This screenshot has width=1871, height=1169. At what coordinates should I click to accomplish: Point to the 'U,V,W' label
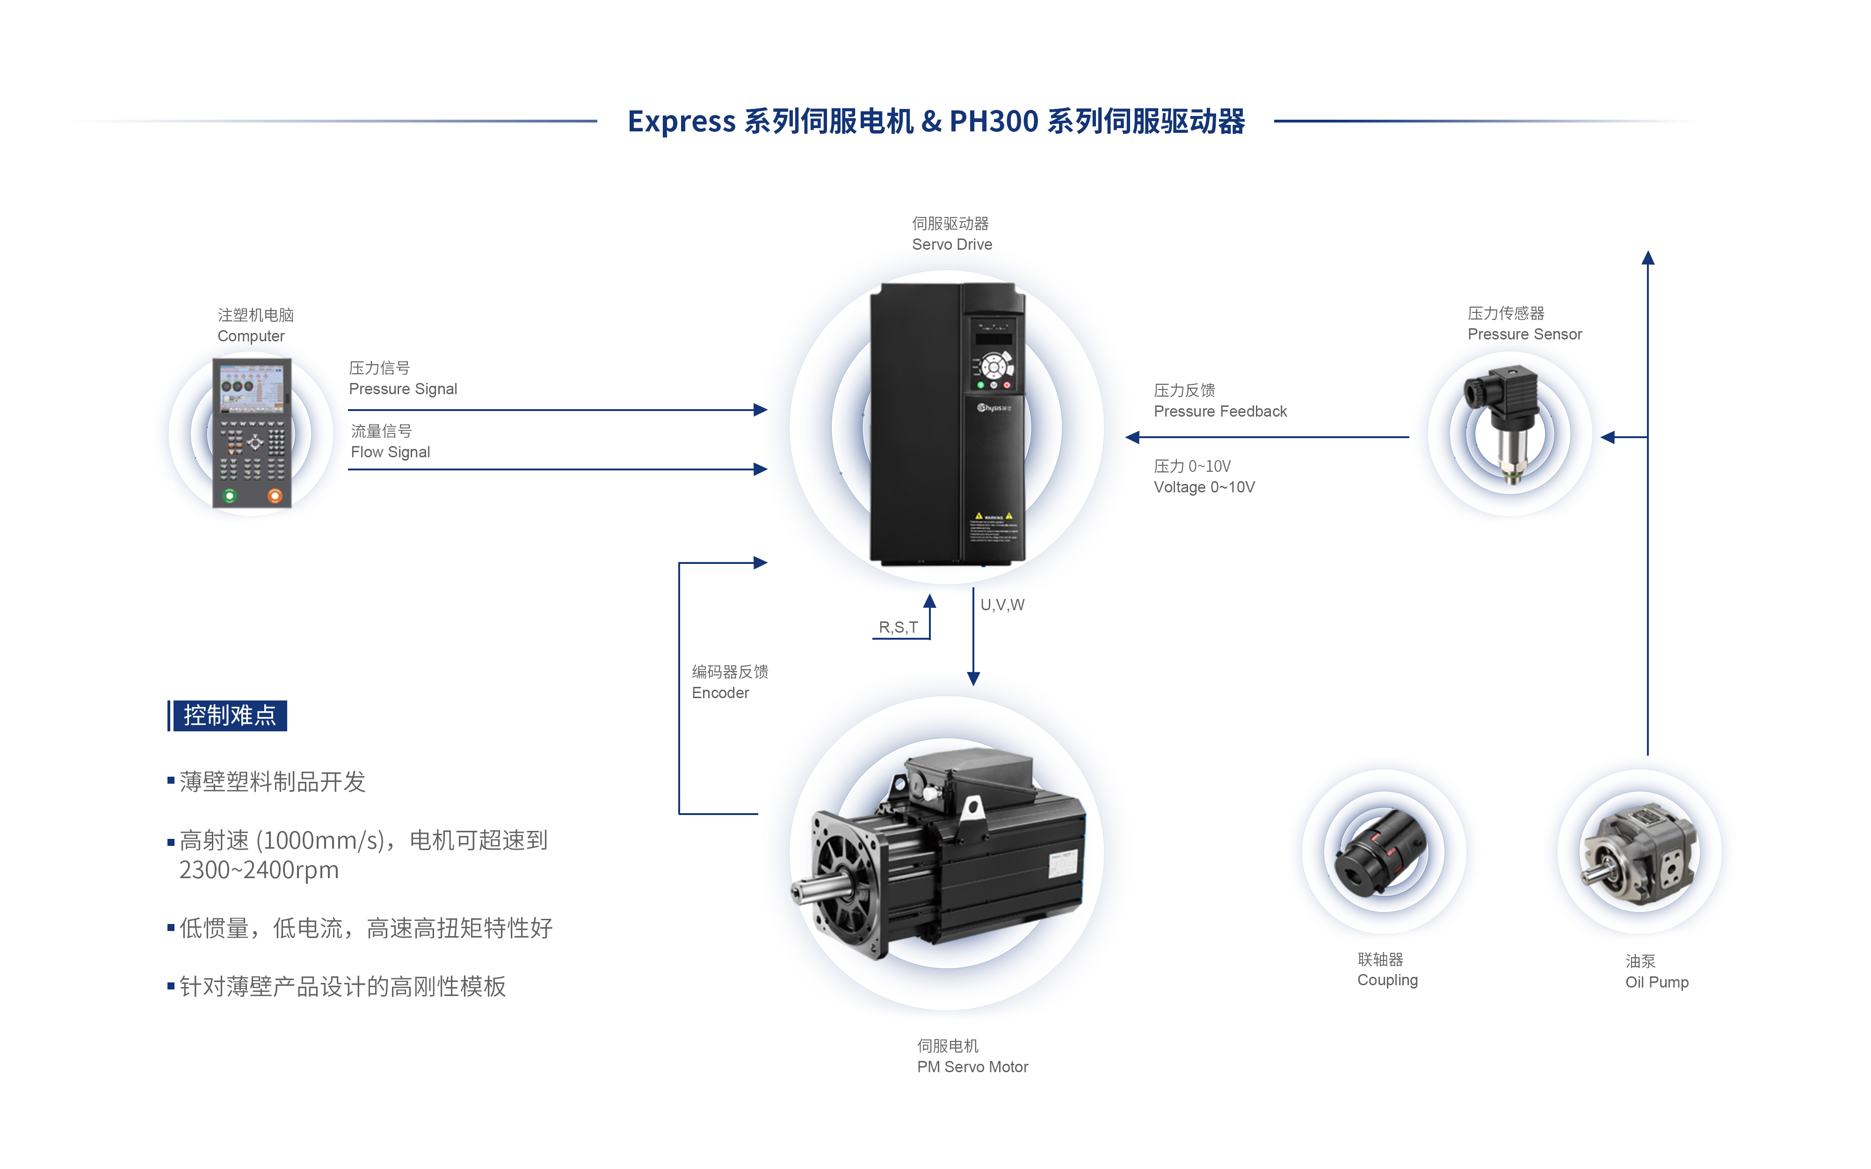1002,605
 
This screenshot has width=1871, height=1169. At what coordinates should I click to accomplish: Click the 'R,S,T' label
898,627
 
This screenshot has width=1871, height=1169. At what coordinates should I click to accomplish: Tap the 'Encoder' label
720,692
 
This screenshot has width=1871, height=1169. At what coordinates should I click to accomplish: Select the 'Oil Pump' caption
1656,982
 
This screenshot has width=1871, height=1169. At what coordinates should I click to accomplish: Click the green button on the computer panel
229,496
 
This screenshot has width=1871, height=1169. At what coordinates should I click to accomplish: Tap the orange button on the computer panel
275,496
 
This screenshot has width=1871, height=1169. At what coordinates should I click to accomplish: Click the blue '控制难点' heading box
229,715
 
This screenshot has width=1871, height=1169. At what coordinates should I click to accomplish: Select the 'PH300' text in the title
994,122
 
